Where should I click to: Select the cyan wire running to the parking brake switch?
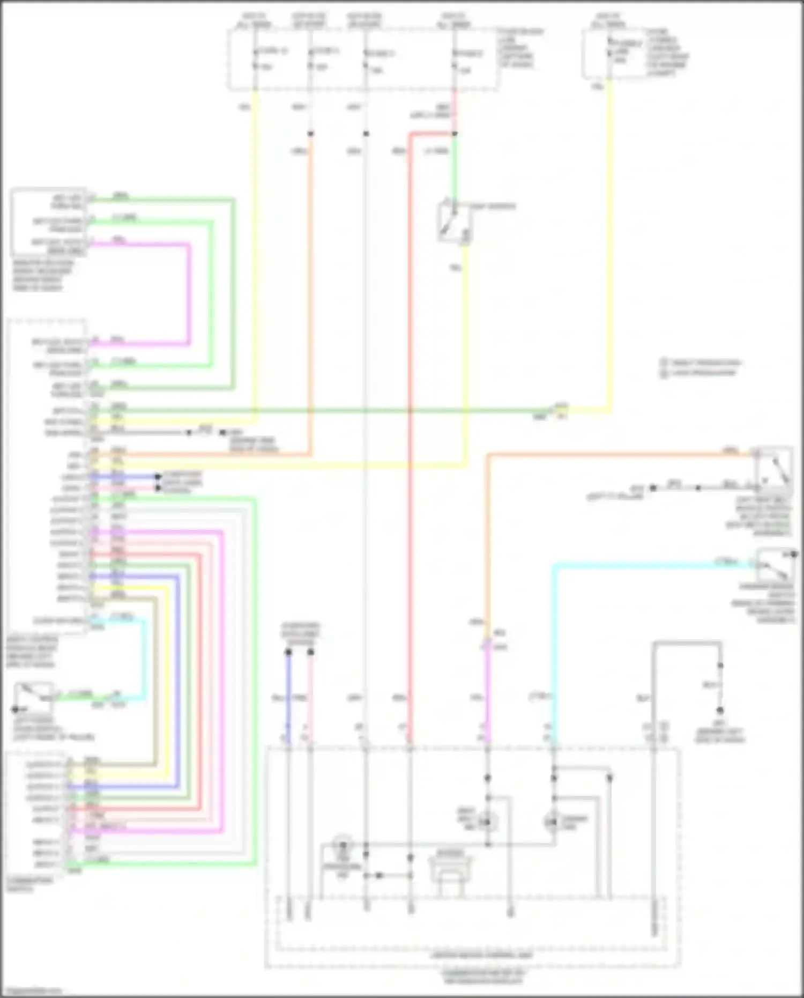643,565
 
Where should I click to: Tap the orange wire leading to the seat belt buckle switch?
616,455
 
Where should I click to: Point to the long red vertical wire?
410,429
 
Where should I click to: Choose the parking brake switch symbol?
775,564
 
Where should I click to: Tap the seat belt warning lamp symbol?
487,822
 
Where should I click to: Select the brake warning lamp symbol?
552,822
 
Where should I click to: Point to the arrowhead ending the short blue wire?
158,476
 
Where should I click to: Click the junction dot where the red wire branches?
455,134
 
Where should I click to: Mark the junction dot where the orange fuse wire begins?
310,134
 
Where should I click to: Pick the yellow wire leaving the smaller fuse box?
610,241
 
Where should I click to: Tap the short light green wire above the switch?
455,172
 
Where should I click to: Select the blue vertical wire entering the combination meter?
288,697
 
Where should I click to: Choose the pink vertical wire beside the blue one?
310,697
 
